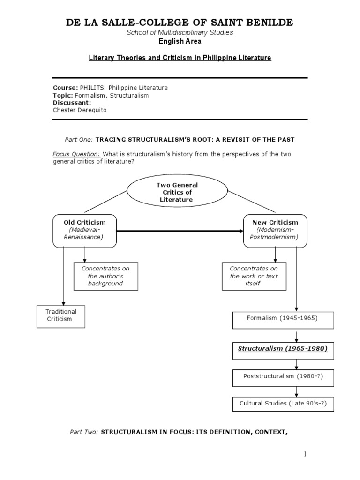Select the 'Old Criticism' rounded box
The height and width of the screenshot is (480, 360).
(85, 231)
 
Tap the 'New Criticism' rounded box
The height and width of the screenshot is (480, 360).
(275, 231)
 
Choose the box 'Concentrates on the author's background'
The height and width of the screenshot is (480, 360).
(106, 276)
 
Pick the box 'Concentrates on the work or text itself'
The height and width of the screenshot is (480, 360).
(254, 276)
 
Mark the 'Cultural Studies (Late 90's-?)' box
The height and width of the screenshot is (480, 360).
(283, 404)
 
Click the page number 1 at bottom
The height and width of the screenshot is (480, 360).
(305, 454)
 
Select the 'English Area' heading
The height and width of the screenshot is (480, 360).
(180, 41)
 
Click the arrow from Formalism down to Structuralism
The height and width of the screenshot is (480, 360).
(296, 336)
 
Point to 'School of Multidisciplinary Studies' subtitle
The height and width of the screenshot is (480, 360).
(180, 32)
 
